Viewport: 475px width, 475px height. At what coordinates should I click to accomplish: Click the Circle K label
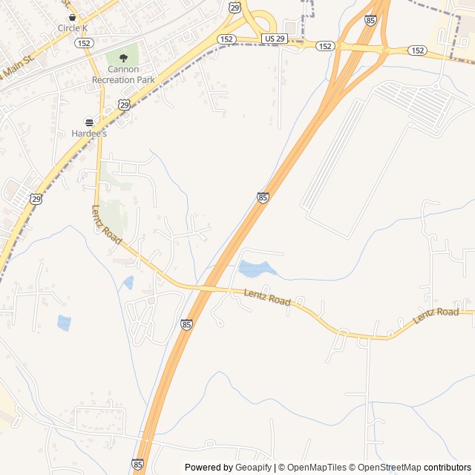[72, 28]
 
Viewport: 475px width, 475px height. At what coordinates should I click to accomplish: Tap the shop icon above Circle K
[72, 16]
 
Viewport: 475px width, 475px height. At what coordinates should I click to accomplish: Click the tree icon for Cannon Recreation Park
[123, 58]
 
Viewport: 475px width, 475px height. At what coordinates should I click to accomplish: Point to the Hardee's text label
[89, 134]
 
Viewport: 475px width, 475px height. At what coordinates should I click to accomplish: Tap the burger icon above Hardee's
[89, 122]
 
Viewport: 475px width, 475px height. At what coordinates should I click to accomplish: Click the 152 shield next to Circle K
[83, 43]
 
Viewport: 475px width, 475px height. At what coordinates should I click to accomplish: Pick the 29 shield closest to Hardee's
[124, 105]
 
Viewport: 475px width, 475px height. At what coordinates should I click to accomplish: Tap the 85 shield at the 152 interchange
[370, 20]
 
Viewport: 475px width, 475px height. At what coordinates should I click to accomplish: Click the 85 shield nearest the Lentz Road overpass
[186, 324]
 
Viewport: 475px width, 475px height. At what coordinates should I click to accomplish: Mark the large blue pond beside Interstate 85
[255, 269]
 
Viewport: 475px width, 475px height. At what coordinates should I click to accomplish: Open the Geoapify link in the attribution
[254, 468]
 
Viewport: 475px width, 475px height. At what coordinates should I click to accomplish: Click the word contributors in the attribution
[448, 468]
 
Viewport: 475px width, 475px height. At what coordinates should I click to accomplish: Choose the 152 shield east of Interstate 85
[417, 50]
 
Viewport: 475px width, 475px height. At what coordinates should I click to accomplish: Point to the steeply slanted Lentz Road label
[106, 224]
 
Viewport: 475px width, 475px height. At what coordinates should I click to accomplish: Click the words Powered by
[209, 468]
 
